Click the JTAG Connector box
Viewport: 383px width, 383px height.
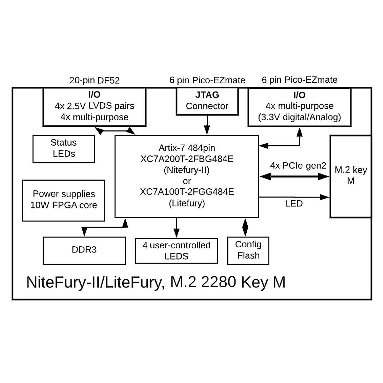(207, 101)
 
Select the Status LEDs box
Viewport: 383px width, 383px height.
(64, 149)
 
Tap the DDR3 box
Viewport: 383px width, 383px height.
(84, 251)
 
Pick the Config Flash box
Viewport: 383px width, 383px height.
(248, 251)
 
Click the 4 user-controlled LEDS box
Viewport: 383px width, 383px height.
(176, 251)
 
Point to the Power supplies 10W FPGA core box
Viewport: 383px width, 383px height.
(64, 200)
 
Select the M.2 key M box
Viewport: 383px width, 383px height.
(350, 176)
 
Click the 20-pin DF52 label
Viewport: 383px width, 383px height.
(94, 80)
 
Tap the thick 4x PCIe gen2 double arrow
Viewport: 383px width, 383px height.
(294, 176)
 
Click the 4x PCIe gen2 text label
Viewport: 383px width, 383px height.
(298, 166)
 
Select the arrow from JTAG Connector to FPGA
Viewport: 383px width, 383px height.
(207, 125)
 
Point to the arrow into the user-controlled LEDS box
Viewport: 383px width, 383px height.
(176, 228)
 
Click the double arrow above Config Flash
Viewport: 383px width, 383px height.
(245, 227)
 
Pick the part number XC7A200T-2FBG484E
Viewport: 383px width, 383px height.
(187, 159)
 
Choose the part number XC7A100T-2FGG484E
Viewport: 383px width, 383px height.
(187, 192)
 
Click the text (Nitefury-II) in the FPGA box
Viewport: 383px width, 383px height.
(187, 170)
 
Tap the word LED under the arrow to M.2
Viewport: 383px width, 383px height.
(294, 204)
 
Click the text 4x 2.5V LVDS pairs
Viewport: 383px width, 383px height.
(94, 106)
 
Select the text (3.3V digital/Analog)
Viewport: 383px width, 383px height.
(299, 117)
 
